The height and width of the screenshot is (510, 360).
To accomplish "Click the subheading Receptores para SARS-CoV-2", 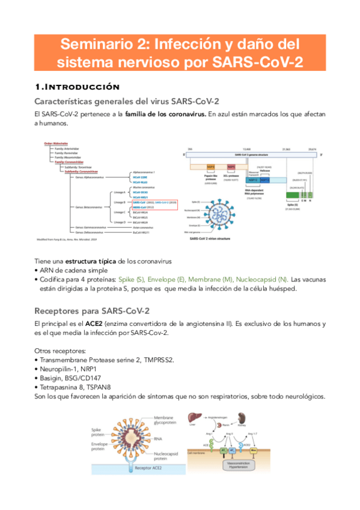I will coord(91,310).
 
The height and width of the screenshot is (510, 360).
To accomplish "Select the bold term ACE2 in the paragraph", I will coord(94,324).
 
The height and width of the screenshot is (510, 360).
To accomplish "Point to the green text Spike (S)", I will coord(135,279).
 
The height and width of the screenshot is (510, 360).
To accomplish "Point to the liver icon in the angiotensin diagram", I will coord(195,420).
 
